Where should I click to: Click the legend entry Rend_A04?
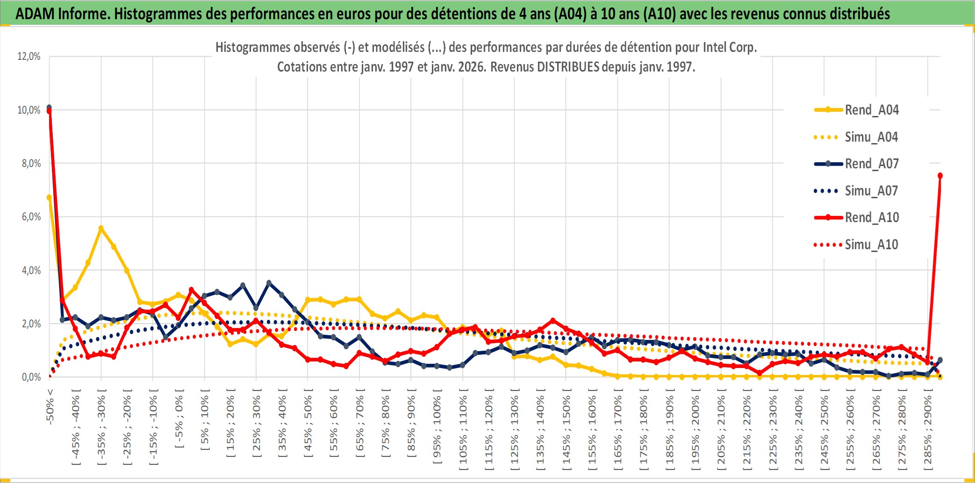(x=871, y=110)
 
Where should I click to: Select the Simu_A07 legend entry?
(x=871, y=191)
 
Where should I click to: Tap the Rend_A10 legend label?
(x=872, y=217)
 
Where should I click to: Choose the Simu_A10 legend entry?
(x=871, y=245)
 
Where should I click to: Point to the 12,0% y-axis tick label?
(x=29, y=57)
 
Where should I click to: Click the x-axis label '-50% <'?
(x=50, y=406)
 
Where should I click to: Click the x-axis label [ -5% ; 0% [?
(x=179, y=418)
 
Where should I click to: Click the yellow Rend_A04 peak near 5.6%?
(x=101, y=228)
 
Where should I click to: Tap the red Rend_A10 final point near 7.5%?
(x=940, y=176)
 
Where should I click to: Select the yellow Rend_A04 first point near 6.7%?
(x=49, y=197)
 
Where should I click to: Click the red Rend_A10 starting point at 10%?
(x=49, y=111)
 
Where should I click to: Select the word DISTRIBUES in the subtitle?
(x=568, y=67)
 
